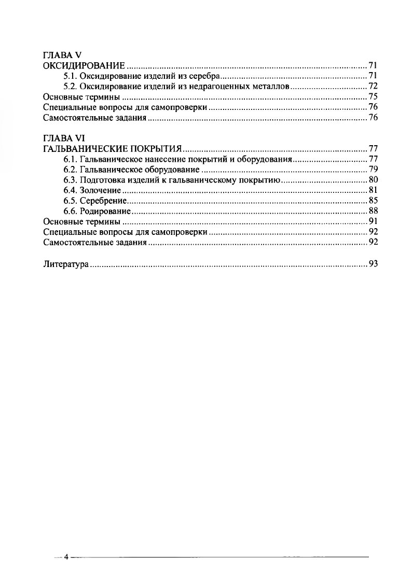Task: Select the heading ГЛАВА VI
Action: (61, 138)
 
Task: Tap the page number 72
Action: (373, 86)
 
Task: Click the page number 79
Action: (373, 170)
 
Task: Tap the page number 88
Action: (373, 211)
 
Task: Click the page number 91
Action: (373, 221)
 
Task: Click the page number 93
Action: (373, 264)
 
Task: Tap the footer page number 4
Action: (66, 557)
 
